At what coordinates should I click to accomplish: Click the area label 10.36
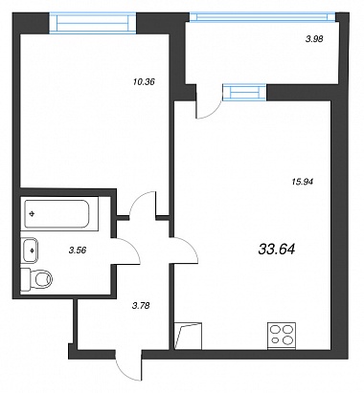tap(144, 82)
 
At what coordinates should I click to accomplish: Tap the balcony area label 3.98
tap(314, 39)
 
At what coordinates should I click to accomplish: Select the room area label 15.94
tap(302, 182)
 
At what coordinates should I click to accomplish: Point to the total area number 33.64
tap(277, 249)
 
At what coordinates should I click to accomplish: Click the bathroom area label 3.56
tap(78, 251)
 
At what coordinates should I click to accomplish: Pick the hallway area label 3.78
tap(141, 306)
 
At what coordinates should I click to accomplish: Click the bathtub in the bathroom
tap(57, 214)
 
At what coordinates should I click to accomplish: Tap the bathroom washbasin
tap(30, 251)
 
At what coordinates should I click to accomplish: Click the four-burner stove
tap(282, 336)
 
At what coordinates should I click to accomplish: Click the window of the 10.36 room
tap(93, 23)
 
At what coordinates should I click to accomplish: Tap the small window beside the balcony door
tap(244, 92)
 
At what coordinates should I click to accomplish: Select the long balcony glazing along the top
tap(262, 17)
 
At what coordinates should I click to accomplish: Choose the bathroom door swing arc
tap(132, 247)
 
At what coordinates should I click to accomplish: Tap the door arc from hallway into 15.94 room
tap(191, 247)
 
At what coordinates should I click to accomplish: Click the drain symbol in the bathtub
tap(32, 214)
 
